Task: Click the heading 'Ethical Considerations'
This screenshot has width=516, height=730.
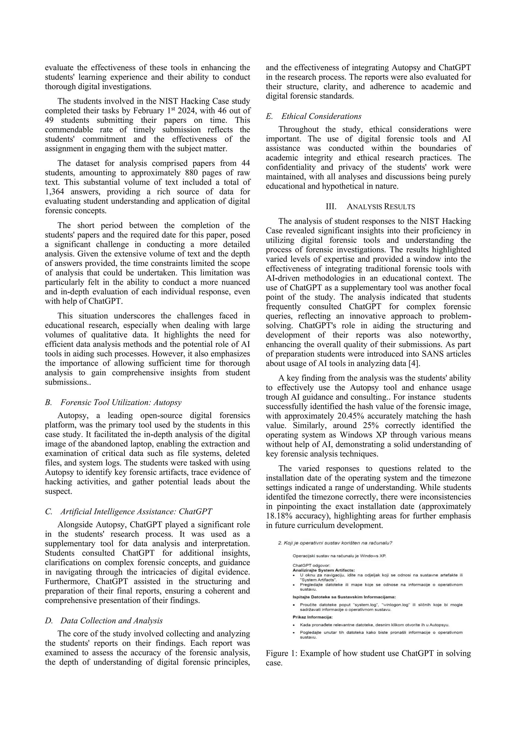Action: tap(321, 116)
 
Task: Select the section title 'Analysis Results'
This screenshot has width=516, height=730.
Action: tap(381, 207)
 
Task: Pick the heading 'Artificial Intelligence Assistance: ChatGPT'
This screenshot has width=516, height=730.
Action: tap(136, 512)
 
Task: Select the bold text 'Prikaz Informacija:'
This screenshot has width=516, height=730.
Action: tap(312, 617)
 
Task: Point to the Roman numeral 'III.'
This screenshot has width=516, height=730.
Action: tap(331, 207)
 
